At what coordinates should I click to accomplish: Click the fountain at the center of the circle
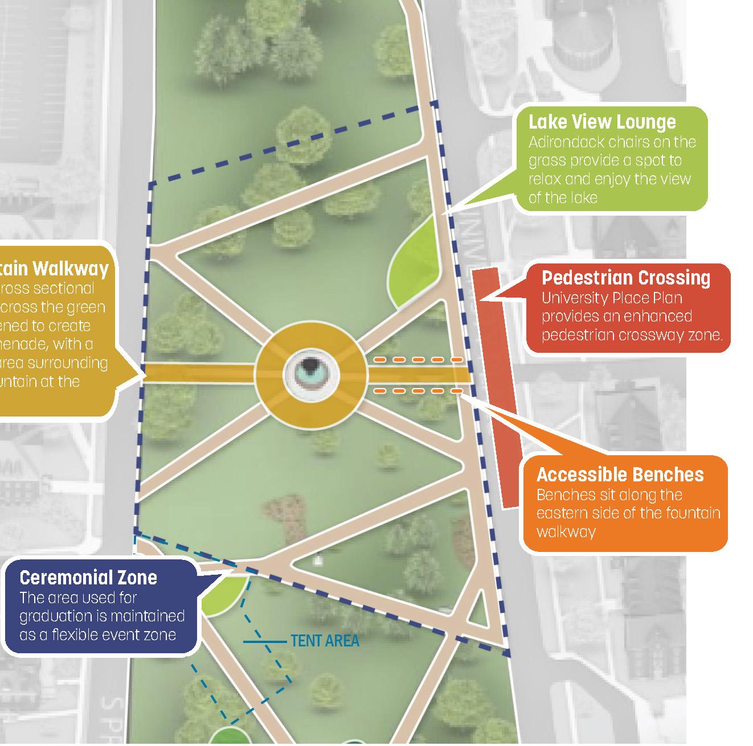point(311,374)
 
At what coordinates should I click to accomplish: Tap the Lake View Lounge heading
point(602,122)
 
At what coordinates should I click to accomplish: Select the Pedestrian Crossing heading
point(625,278)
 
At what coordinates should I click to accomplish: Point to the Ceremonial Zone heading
point(88,578)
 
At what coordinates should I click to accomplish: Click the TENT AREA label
point(325,641)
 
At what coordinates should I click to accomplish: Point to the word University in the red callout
point(572,298)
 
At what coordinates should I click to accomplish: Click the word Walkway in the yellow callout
point(71,268)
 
